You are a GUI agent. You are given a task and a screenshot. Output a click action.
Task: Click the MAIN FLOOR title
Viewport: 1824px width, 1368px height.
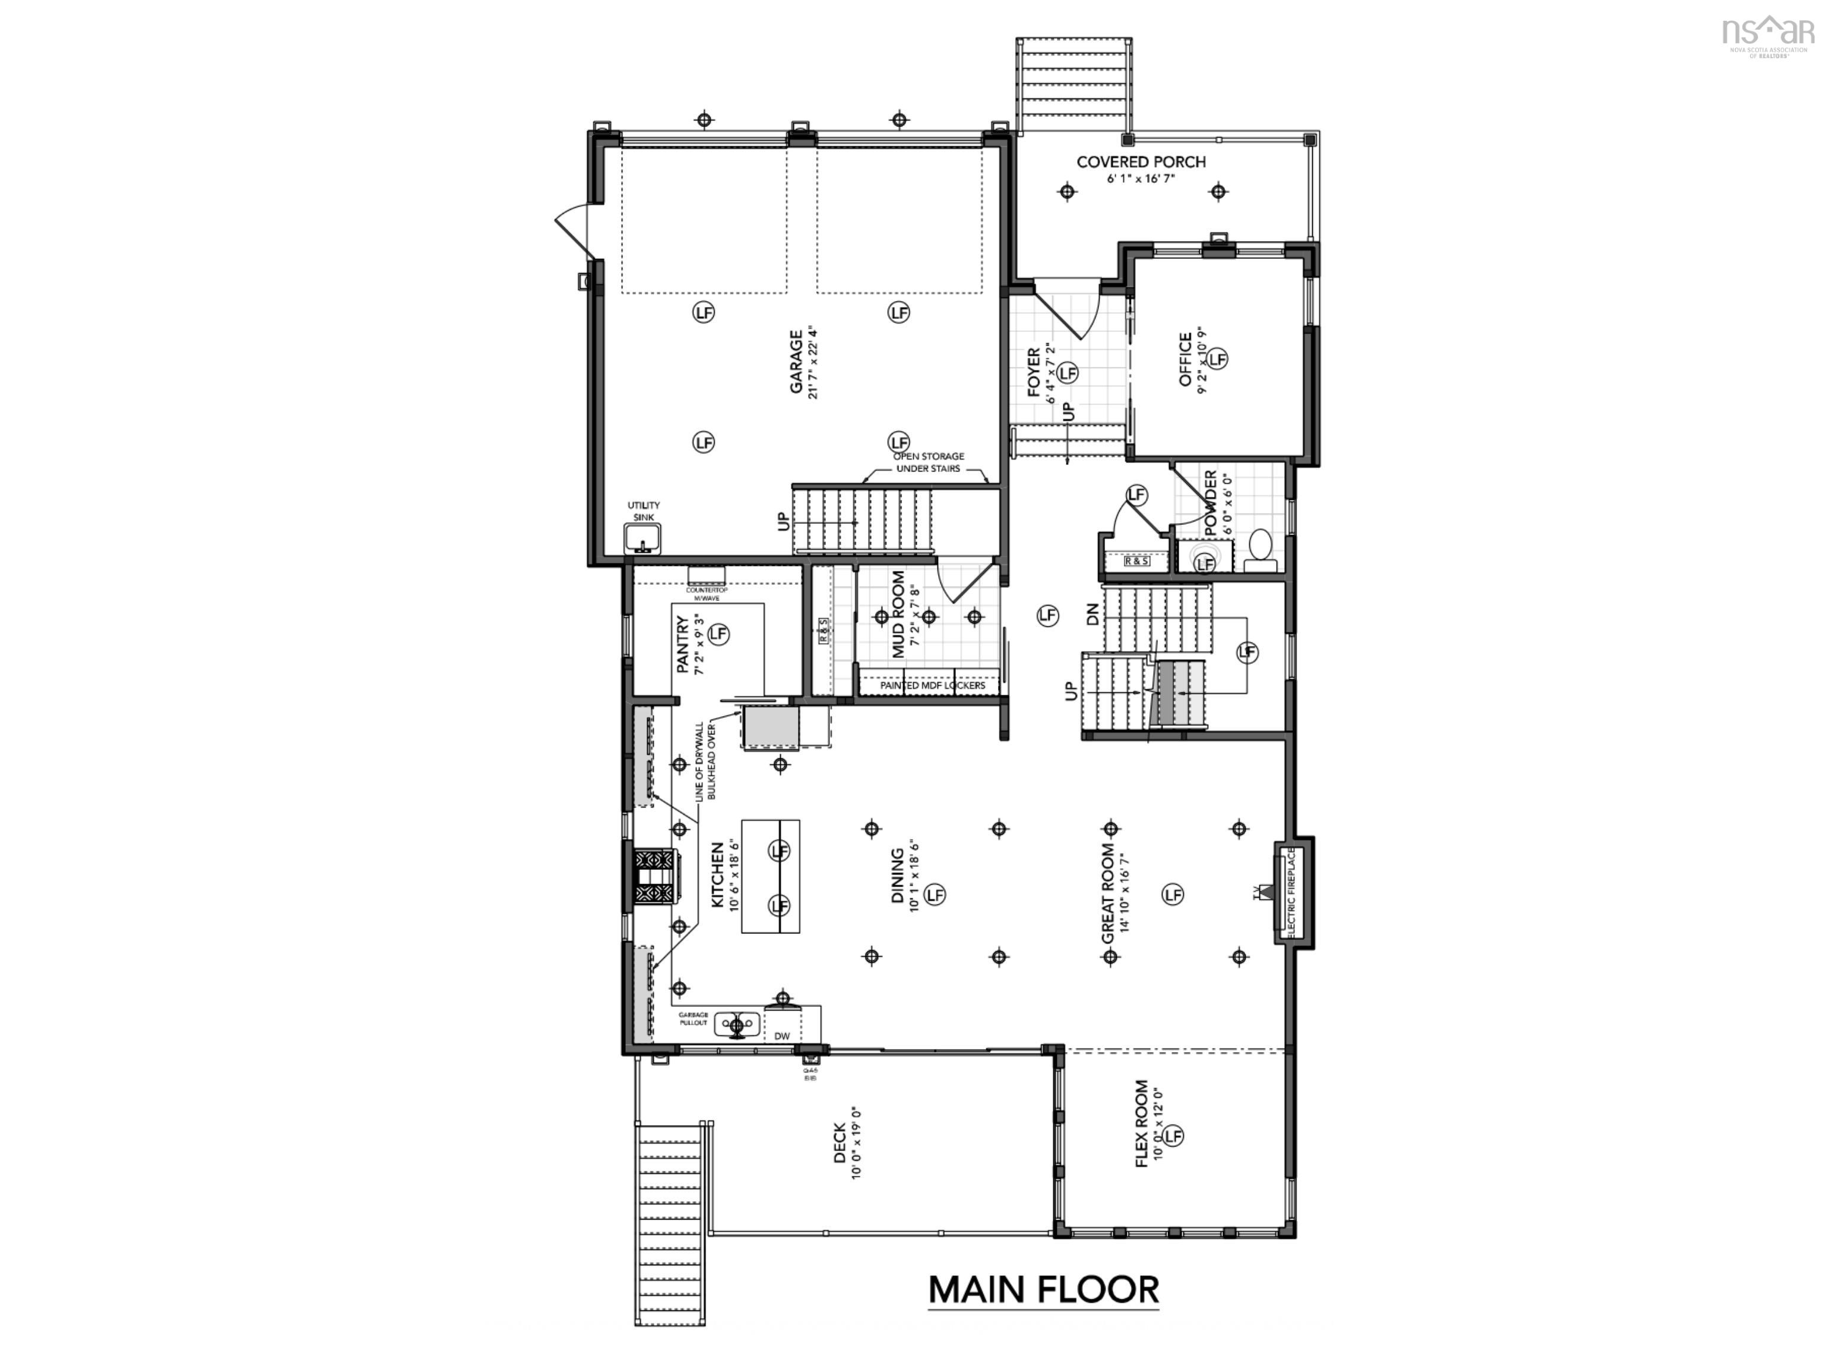click(1043, 1290)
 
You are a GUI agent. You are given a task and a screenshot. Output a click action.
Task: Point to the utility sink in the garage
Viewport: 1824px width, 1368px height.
click(643, 539)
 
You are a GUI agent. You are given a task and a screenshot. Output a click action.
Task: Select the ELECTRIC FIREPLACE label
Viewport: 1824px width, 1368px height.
click(1291, 891)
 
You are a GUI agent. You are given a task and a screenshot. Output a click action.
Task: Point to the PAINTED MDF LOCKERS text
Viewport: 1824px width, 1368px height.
click(932, 685)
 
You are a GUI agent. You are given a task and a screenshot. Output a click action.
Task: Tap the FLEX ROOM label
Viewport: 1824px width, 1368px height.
click(1142, 1123)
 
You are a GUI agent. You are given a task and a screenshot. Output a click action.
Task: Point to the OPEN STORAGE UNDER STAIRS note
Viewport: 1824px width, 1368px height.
click(929, 463)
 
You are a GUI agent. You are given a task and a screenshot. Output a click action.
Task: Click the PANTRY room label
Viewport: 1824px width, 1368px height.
click(683, 645)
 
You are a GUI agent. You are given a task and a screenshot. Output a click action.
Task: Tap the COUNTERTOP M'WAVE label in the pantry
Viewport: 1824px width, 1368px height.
click(707, 594)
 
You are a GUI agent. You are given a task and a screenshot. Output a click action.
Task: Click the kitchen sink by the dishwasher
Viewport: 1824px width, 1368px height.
click(736, 1025)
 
